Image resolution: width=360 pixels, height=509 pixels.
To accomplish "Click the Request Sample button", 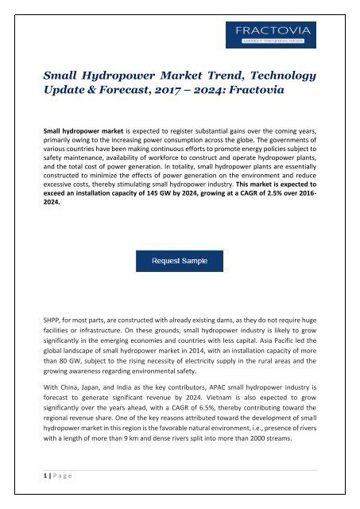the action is [x=179, y=260].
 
